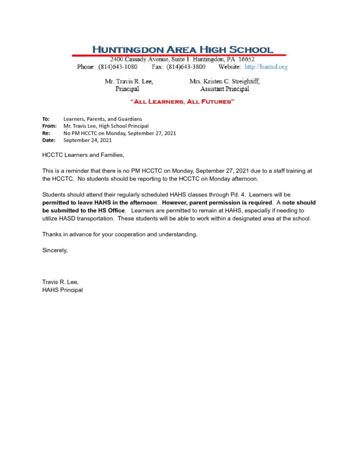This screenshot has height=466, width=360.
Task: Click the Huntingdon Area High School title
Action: [x=183, y=50]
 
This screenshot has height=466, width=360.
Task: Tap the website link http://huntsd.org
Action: [x=266, y=67]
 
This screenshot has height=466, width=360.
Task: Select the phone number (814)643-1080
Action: [x=117, y=67]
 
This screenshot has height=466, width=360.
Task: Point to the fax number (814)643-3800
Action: [x=186, y=67]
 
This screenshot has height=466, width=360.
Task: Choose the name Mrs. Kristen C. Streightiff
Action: [x=225, y=81]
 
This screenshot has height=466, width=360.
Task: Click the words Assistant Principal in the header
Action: [x=225, y=89]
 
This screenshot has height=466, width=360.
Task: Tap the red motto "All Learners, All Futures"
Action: [x=182, y=101]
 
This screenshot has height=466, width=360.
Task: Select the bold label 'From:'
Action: [x=49, y=126]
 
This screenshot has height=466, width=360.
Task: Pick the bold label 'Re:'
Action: [x=46, y=133]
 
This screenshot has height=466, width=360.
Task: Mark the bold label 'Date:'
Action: [x=49, y=141]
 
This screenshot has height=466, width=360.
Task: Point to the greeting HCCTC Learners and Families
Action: [x=83, y=155]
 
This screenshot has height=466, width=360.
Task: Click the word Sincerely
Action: [x=55, y=250]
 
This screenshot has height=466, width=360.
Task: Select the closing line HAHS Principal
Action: [x=62, y=290]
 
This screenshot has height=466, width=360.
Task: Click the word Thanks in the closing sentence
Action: [x=52, y=234]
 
